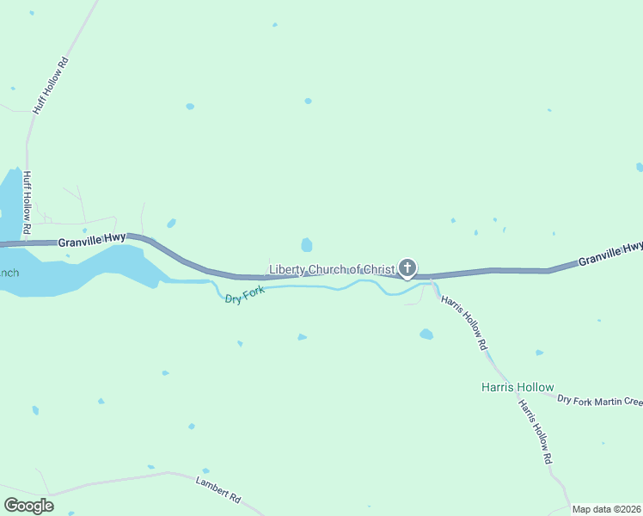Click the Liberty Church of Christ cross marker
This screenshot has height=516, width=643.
[x=407, y=269]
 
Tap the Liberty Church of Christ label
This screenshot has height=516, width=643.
[x=332, y=270]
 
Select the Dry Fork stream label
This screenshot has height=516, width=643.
[x=244, y=297]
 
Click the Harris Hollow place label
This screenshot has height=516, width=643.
[x=517, y=387]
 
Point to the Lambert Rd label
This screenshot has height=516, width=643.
[x=218, y=489]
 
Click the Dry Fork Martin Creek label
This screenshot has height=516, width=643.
[x=599, y=400]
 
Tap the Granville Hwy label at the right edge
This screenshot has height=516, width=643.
[x=610, y=253]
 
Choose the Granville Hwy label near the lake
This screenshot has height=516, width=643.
[x=93, y=241]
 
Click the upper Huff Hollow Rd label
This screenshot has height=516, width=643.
[x=49, y=87]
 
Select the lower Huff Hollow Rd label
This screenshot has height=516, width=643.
[x=27, y=204]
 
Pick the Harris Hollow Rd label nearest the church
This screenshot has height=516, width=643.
[x=464, y=322]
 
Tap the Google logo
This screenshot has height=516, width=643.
[x=28, y=506]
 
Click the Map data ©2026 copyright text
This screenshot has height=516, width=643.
[x=606, y=509]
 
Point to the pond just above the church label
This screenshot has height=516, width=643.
[x=307, y=245]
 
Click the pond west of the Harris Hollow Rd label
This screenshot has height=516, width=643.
[x=426, y=334]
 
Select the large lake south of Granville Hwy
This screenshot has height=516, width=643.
[x=86, y=271]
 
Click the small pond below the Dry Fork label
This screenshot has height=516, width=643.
[x=240, y=343]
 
